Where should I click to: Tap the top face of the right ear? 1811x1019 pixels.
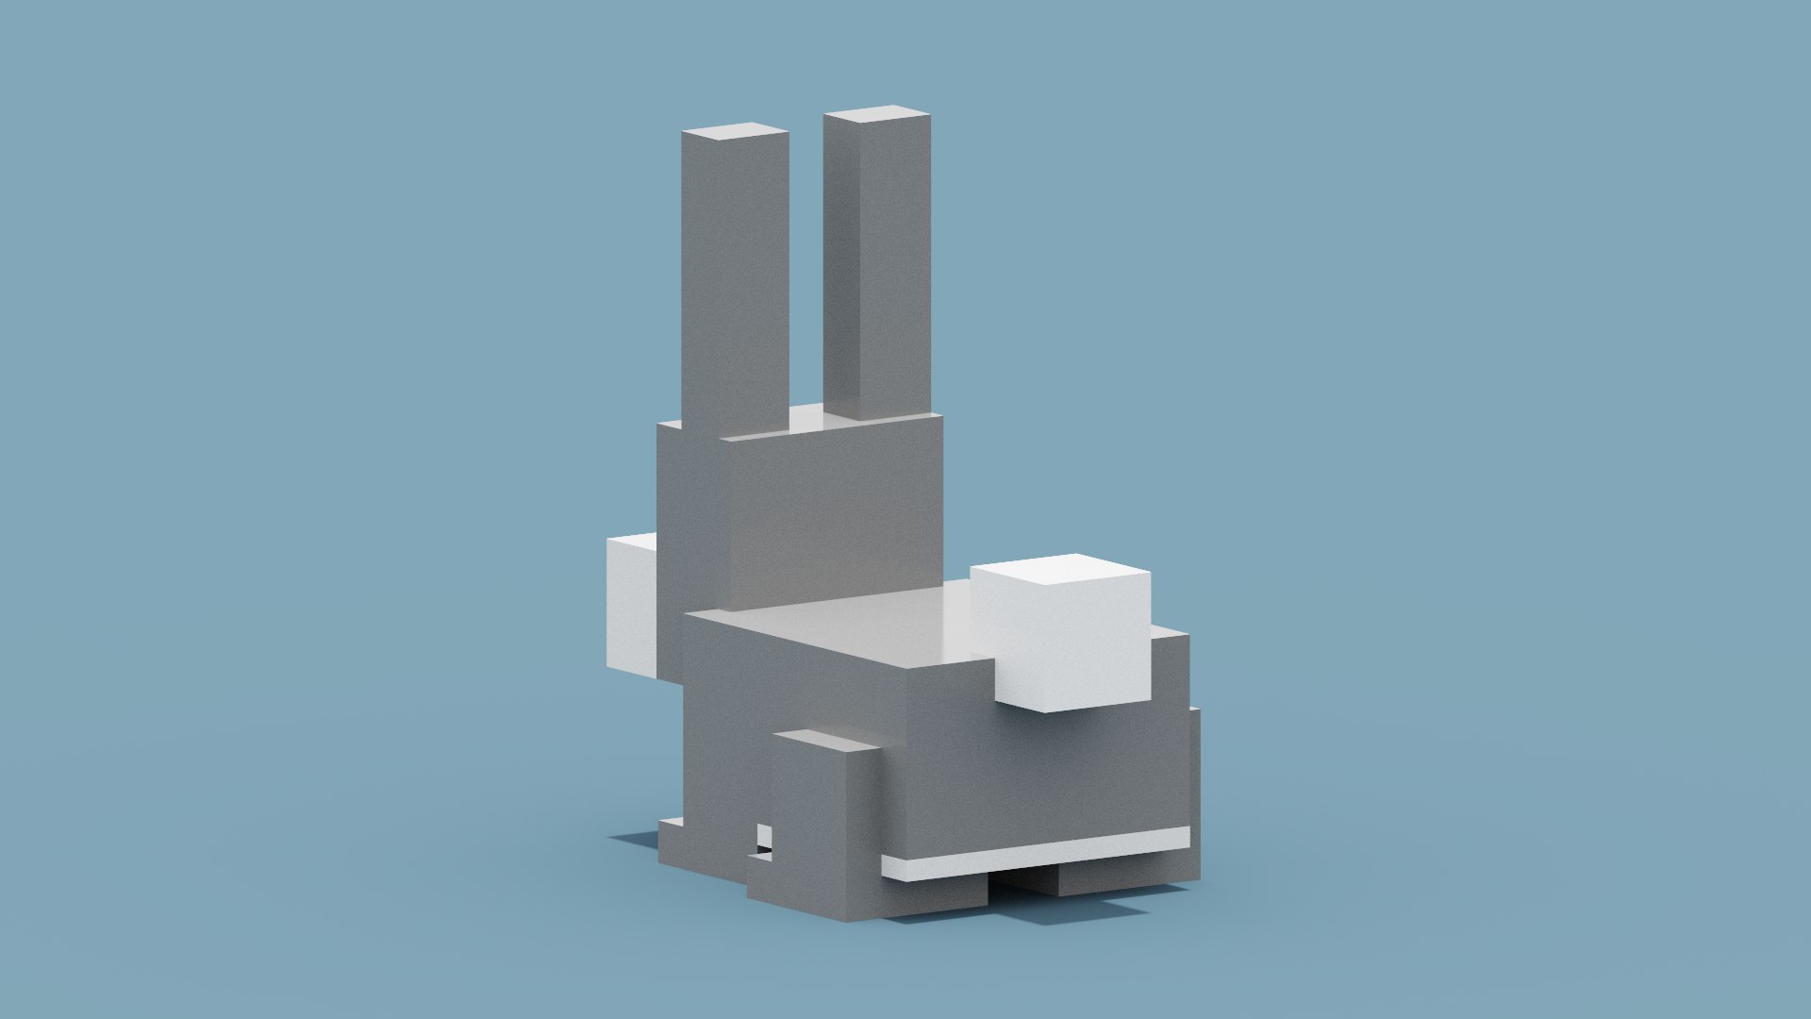pyautogui.click(x=876, y=115)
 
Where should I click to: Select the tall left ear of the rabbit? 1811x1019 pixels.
pyautogui.click(x=734, y=283)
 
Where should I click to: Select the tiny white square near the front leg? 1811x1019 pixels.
pyautogui.click(x=764, y=836)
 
